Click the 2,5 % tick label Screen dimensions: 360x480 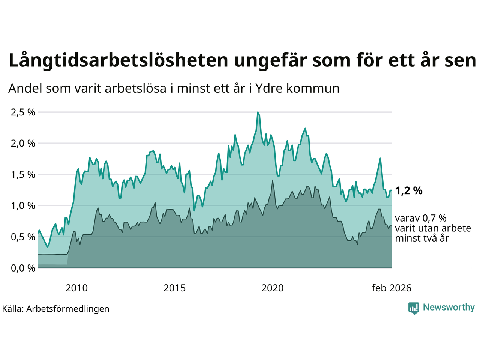pyautogui.click(x=23, y=112)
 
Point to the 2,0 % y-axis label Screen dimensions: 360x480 pyautogui.click(x=23, y=143)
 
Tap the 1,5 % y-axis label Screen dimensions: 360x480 pyautogui.click(x=23, y=174)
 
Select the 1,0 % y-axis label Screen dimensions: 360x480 pyautogui.click(x=23, y=205)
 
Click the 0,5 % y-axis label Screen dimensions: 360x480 pyautogui.click(x=23, y=237)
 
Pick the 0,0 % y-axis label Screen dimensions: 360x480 pyautogui.click(x=23, y=268)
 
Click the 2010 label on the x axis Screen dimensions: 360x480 pyautogui.click(x=76, y=288)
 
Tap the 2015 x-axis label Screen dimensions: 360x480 pyautogui.click(x=174, y=288)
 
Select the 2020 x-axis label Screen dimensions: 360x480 pyautogui.click(x=272, y=288)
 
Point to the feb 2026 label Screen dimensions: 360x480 pyautogui.click(x=391, y=288)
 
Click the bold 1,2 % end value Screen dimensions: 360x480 pyautogui.click(x=409, y=191)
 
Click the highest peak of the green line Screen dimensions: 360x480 pyautogui.click(x=258, y=112)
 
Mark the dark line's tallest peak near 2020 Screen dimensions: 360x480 pyautogui.click(x=273, y=180)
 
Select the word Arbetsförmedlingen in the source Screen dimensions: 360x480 pyautogui.click(x=67, y=309)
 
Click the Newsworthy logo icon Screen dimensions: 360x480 pyautogui.click(x=414, y=308)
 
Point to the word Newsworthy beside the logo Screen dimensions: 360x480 pyautogui.click(x=448, y=307)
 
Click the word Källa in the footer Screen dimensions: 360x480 pyautogui.click(x=13, y=309)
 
